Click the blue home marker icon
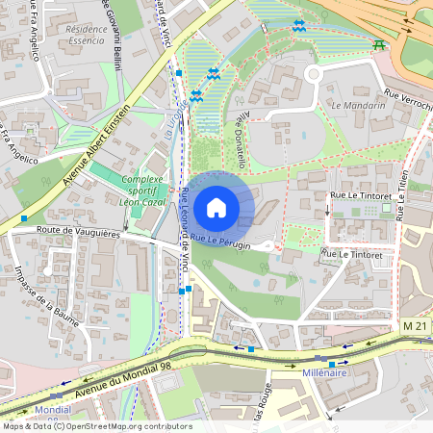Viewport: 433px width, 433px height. click(x=216, y=208)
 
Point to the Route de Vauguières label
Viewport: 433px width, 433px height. click(x=78, y=232)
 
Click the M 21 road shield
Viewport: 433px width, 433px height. click(x=415, y=328)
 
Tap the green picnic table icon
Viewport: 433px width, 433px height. click(x=379, y=43)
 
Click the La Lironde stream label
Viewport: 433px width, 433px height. click(x=170, y=123)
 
